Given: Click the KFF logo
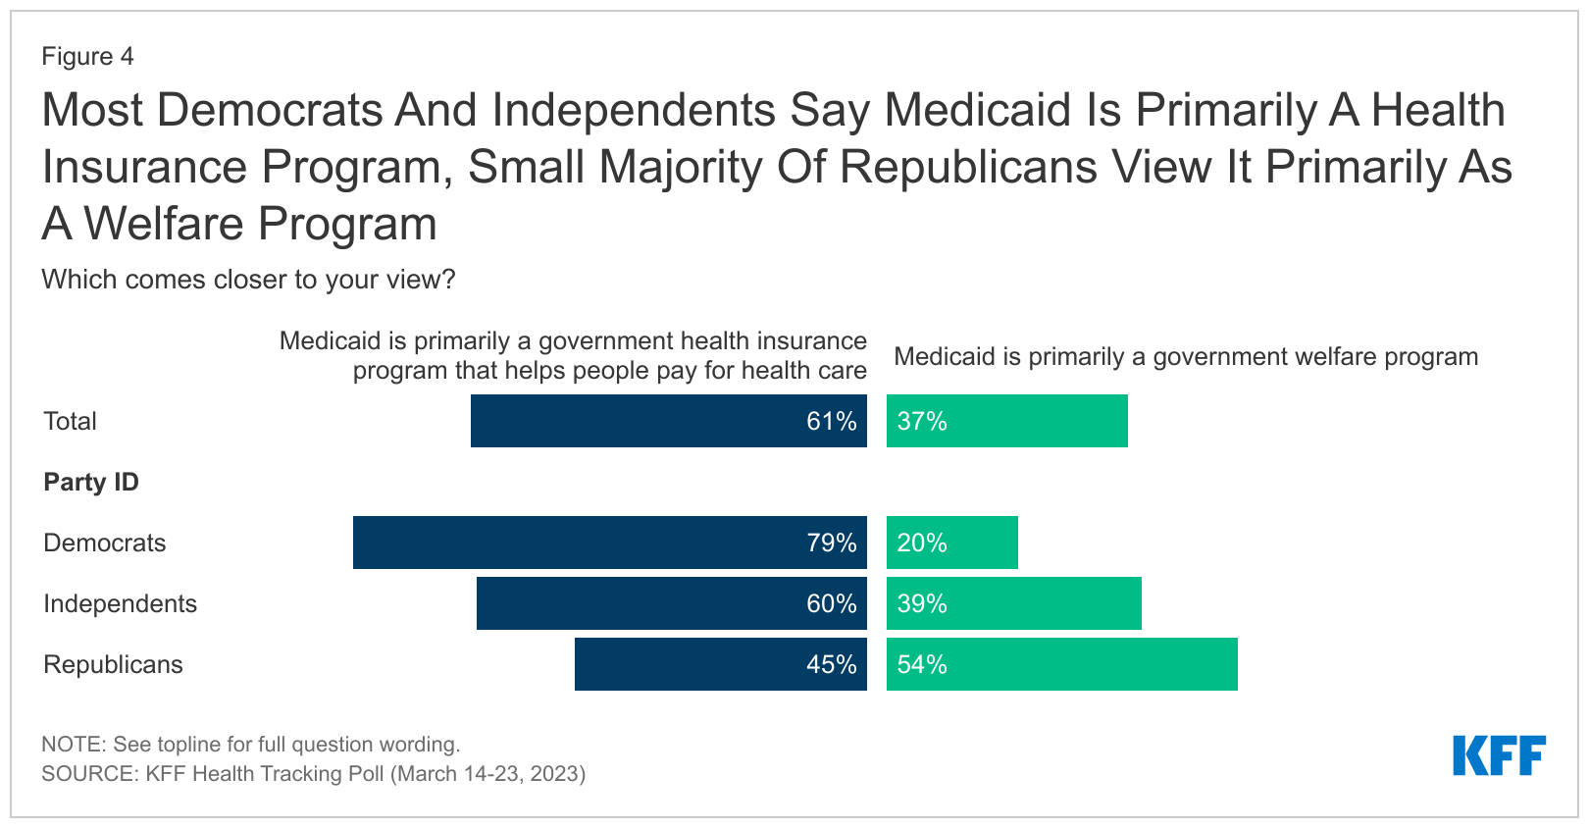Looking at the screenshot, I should (x=1499, y=755).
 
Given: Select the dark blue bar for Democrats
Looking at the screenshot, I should (x=589, y=543).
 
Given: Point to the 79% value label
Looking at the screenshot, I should (x=832, y=543).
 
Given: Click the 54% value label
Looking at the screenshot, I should (x=922, y=664).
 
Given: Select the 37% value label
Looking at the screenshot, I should (x=922, y=421).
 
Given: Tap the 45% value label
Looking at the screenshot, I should (x=832, y=664).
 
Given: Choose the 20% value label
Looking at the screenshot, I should (x=922, y=543).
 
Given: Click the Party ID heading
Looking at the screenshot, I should (x=91, y=482).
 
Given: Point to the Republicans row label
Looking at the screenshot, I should (x=113, y=664).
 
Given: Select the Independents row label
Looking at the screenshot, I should (x=120, y=603).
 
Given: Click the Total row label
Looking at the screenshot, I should (x=70, y=421).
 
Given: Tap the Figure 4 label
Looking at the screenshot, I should (x=87, y=56).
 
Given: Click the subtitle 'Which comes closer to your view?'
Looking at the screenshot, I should (x=248, y=280).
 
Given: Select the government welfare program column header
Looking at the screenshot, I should (x=1186, y=356).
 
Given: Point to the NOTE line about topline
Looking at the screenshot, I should (x=250, y=744).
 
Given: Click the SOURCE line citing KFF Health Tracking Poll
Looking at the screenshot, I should (x=313, y=773).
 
